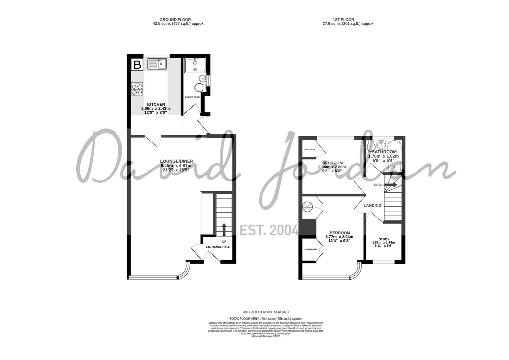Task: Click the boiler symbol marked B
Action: (137, 65)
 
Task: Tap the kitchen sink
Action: (157, 64)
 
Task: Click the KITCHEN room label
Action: (156, 104)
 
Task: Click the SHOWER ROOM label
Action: (192, 97)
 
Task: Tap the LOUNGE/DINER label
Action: (176, 161)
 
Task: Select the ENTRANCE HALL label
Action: (218, 247)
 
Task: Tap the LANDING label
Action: (372, 206)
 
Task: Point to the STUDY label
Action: (384, 239)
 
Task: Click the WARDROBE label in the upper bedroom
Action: (310, 149)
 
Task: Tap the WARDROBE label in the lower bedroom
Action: (310, 249)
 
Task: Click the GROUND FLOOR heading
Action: (175, 20)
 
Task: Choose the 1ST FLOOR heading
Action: (343, 20)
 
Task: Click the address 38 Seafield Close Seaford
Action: (266, 312)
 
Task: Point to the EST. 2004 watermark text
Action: (269, 230)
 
